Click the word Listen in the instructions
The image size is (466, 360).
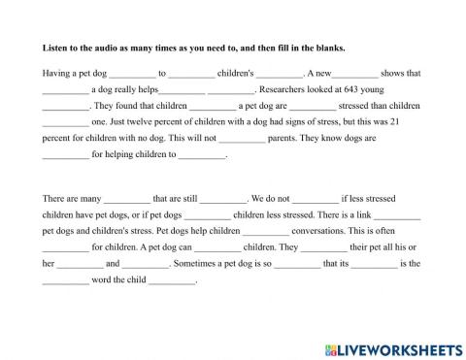54,48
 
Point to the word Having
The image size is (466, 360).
57,72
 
